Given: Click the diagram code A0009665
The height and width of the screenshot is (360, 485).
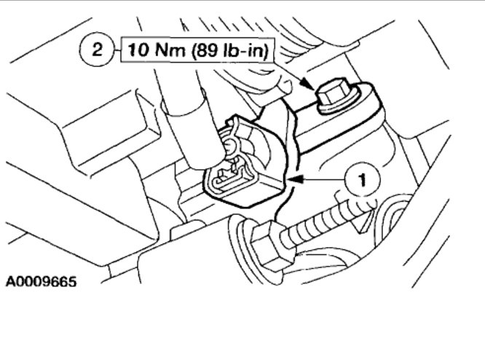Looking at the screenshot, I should click(x=42, y=281).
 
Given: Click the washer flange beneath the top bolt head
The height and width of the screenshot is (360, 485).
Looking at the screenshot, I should click(x=334, y=106).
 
